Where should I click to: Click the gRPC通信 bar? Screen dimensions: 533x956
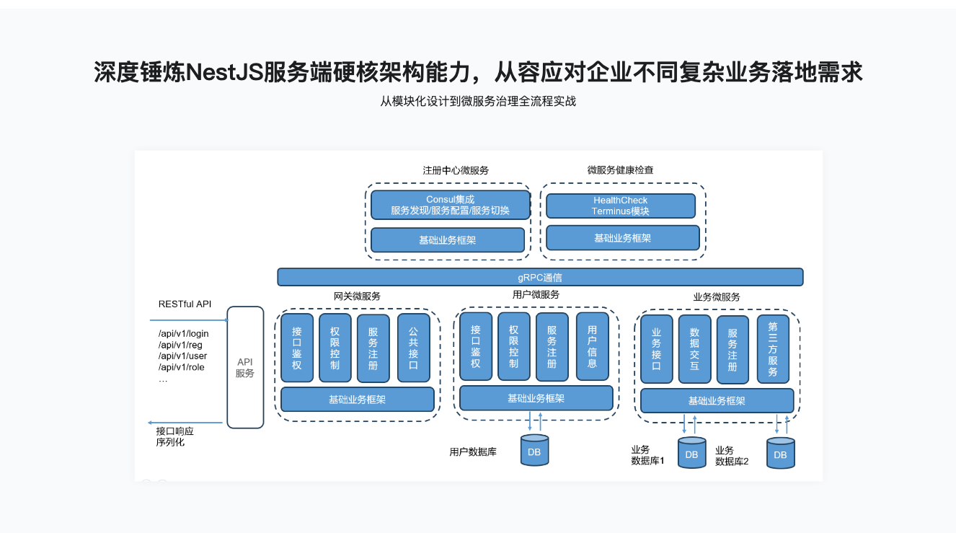pos(540,277)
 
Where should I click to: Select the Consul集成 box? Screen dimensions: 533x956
pos(450,205)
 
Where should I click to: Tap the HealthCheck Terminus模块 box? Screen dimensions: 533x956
pos(620,206)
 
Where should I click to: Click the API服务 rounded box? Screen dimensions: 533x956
pos(245,367)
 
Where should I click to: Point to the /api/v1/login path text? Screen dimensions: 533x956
pos(184,334)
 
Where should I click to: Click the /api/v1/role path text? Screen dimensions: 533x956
pos(182,367)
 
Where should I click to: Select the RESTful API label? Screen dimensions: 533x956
pos(185,304)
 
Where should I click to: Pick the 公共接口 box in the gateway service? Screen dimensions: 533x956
pos(413,348)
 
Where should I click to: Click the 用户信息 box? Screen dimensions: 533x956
pos(592,346)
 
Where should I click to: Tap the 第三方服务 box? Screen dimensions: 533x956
pos(772,349)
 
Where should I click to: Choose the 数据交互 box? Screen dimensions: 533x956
pos(694,349)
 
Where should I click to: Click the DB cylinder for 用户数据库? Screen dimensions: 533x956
pos(534,451)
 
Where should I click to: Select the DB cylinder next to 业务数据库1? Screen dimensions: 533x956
pos(691,453)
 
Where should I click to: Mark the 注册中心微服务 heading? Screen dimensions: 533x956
pos(456,171)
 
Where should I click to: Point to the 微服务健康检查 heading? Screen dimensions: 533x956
pos(620,170)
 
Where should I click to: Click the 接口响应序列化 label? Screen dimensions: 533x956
pos(174,436)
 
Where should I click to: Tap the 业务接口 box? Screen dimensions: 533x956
pos(656,349)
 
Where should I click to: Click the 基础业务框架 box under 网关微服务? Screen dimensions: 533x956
pos(357,400)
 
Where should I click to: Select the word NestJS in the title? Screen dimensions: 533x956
pos(223,72)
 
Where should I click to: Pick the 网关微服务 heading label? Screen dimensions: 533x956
pos(357,296)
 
